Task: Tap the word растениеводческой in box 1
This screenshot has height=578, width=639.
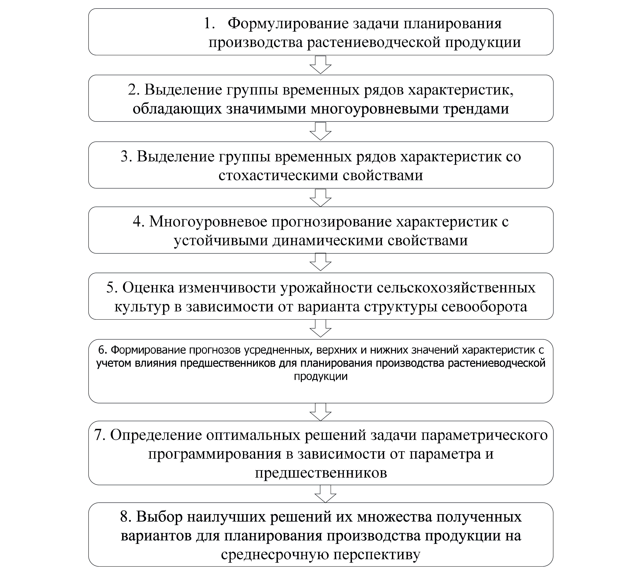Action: click(373, 42)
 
